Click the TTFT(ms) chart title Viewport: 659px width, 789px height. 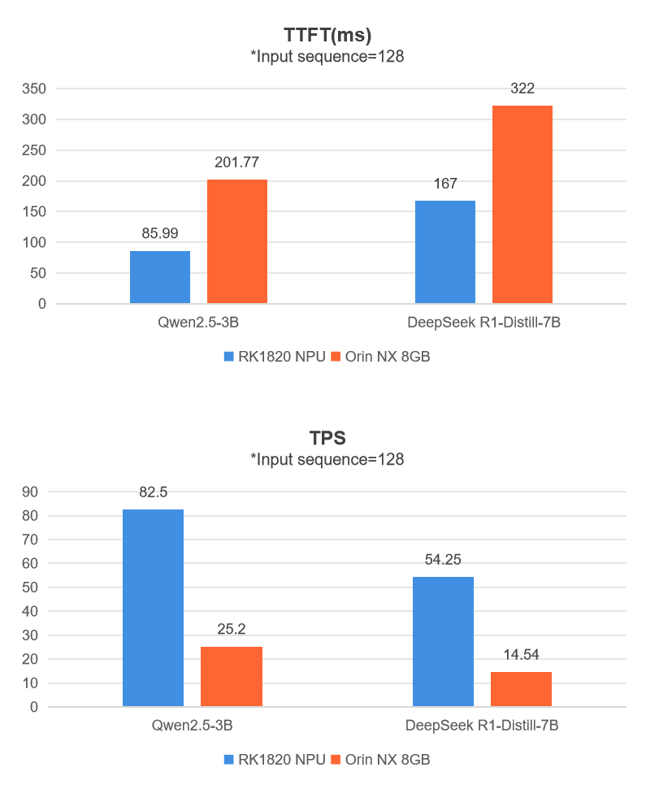(x=327, y=35)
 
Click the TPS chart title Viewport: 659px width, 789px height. (x=327, y=438)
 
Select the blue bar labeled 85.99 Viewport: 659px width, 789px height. (x=160, y=277)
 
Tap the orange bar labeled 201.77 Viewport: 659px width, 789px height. (x=237, y=241)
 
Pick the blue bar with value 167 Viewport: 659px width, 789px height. (x=445, y=252)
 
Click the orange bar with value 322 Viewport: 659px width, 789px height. (x=522, y=205)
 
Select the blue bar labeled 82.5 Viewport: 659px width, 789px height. (x=153, y=608)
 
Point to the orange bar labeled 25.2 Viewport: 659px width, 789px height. (x=232, y=676)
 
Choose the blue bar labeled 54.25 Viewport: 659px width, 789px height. (x=443, y=641)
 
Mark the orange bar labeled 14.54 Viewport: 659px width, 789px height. (x=522, y=689)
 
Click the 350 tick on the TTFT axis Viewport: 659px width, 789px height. (x=34, y=89)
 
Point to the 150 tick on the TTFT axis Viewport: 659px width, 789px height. (x=34, y=211)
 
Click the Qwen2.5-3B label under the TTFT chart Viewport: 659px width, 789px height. (x=198, y=323)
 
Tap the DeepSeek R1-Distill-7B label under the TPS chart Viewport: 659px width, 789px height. (x=484, y=726)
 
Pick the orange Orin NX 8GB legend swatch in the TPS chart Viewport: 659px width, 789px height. (x=337, y=759)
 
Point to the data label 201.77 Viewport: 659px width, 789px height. (x=237, y=163)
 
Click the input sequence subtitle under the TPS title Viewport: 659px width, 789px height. (x=327, y=459)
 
